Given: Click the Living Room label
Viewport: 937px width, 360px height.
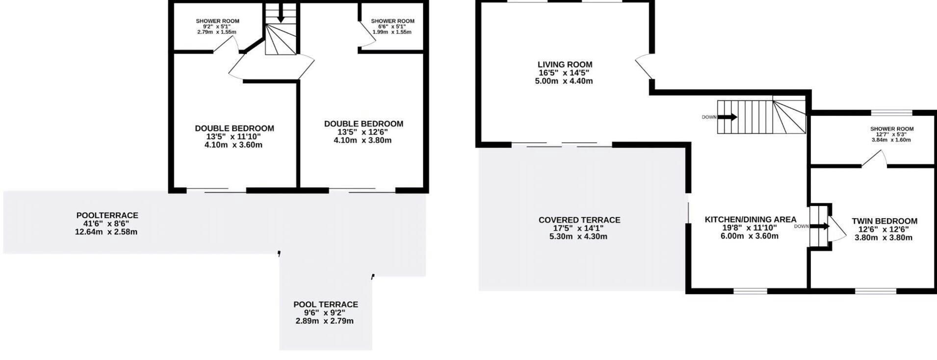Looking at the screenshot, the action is point(565,64).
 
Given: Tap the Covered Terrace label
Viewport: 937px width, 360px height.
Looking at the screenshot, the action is point(579,220).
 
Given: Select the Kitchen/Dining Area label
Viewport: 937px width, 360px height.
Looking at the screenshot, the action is point(751,220).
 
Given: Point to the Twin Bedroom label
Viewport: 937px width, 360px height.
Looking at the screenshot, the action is point(885,221).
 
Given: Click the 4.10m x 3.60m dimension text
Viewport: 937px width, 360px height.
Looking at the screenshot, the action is point(234,145).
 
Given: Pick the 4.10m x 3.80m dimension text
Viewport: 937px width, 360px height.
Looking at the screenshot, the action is point(363,140).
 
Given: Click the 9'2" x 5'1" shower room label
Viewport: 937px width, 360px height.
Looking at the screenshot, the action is point(217,26).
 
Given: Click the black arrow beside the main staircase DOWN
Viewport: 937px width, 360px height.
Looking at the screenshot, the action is point(727,117).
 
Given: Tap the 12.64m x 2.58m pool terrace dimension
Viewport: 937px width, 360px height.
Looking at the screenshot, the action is point(106,232).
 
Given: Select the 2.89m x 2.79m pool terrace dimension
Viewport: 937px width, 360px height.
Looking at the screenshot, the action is point(324,321).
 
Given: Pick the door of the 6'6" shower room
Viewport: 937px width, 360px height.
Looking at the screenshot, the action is point(365,34).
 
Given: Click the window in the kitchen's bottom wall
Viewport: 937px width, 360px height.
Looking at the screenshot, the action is point(750,291).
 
